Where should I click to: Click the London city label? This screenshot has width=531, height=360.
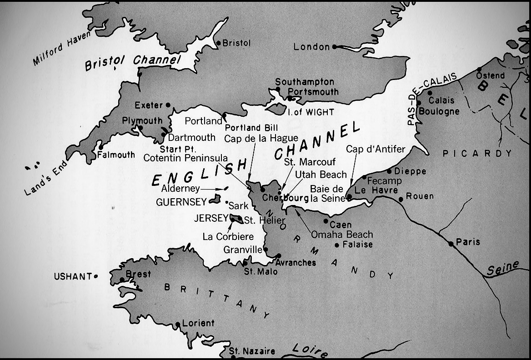(x=311, y=47)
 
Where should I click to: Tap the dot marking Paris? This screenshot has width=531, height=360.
(x=451, y=244)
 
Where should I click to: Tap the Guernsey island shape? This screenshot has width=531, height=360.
(x=215, y=199)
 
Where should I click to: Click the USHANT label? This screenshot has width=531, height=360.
(x=72, y=276)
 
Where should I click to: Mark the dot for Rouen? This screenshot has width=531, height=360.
(x=401, y=199)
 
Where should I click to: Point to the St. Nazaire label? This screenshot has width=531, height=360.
(x=252, y=351)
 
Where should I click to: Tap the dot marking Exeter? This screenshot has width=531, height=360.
(x=168, y=105)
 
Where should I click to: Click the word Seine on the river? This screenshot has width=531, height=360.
(x=502, y=269)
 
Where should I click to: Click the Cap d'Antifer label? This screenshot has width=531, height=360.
(x=375, y=149)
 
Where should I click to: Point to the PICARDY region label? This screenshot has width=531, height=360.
(x=477, y=154)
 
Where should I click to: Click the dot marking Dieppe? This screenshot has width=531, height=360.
(x=389, y=171)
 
